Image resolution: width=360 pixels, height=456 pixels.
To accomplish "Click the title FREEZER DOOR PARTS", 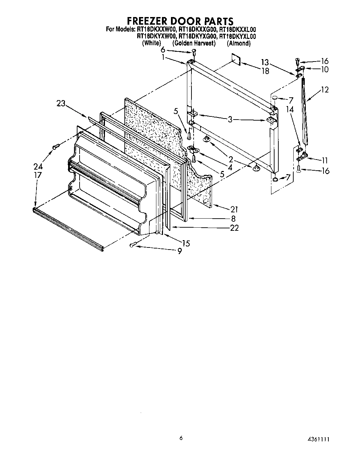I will (180, 21).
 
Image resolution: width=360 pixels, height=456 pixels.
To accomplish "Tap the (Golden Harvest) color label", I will (194, 43).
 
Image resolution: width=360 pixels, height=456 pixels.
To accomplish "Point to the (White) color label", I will (152, 43).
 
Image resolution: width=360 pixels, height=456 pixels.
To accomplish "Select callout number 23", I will (61, 103).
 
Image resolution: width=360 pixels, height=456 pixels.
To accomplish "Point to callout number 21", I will (234, 209).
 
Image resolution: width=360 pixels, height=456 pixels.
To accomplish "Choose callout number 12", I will (325, 90).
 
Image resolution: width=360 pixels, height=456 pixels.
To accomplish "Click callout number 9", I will (179, 251).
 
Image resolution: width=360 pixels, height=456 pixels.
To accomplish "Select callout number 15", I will (186, 243).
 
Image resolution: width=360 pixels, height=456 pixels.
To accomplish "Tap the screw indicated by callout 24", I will (56, 147).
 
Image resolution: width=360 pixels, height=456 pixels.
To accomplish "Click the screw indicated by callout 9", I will (133, 245).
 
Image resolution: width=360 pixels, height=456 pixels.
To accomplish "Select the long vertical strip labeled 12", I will (305, 111).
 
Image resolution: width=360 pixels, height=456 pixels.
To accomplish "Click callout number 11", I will (325, 161).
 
